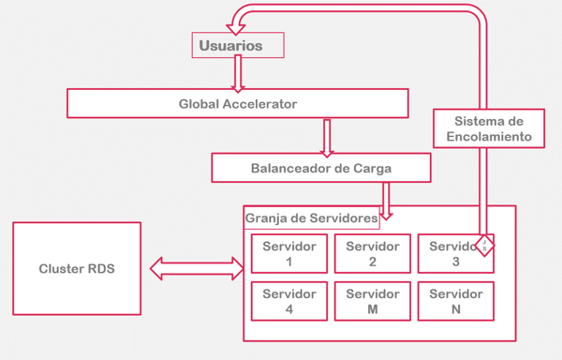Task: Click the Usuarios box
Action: [237, 45]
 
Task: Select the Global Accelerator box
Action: [238, 103]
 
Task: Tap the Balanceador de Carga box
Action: [321, 168]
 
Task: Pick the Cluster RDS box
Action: [76, 268]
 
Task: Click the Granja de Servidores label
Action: [312, 218]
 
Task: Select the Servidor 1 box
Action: [289, 253]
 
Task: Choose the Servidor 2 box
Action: [372, 253]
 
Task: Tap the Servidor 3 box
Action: [451, 253]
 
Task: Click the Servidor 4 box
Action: [289, 301]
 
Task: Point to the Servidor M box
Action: [372, 301]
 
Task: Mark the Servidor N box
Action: [455, 301]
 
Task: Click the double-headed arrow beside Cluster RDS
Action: [196, 269]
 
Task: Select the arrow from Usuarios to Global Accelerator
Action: [237, 73]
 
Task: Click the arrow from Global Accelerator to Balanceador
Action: [327, 136]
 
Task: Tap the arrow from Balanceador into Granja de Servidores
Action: [386, 200]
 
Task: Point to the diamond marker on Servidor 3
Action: [484, 246]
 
